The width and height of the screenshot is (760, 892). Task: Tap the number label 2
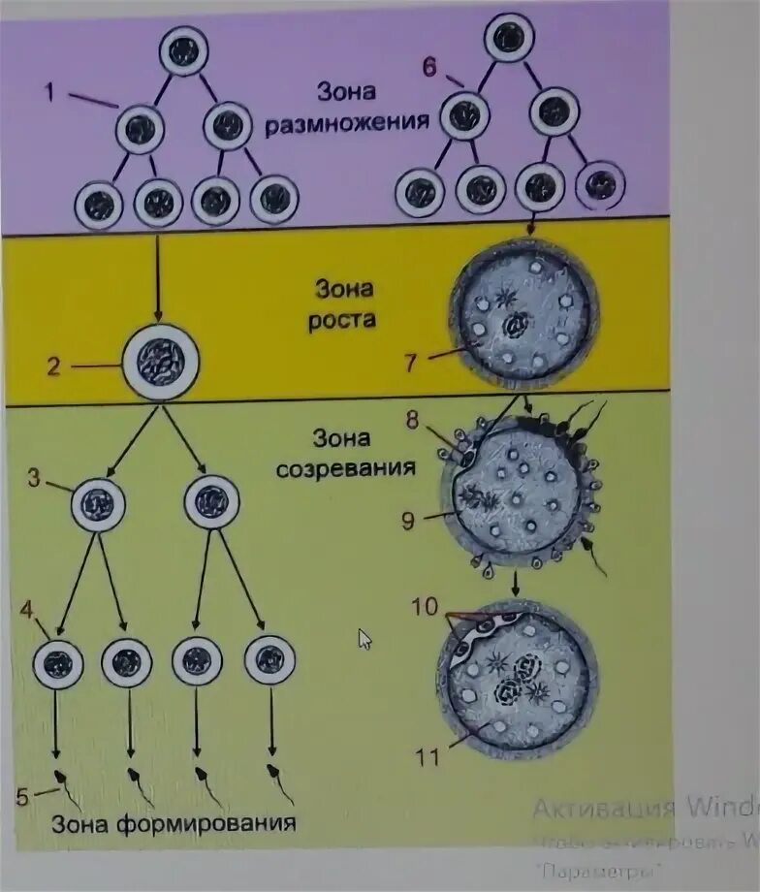pyautogui.click(x=54, y=366)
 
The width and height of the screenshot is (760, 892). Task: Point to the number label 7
pyautogui.click(x=411, y=364)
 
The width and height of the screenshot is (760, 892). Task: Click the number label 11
pyautogui.click(x=427, y=755)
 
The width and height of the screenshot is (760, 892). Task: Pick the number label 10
pyautogui.click(x=425, y=607)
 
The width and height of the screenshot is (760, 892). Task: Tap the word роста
pyautogui.click(x=342, y=318)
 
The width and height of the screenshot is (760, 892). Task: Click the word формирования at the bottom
pyautogui.click(x=213, y=825)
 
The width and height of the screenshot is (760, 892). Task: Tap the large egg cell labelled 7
pyautogui.click(x=523, y=314)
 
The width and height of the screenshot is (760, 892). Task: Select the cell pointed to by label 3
pyautogui.click(x=98, y=504)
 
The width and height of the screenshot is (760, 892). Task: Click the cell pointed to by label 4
pyautogui.click(x=58, y=663)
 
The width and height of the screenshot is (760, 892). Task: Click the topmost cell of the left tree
pyautogui.click(x=183, y=51)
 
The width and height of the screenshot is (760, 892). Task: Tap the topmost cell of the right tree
pyautogui.click(x=510, y=39)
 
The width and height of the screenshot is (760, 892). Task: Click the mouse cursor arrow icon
pyautogui.click(x=364, y=639)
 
